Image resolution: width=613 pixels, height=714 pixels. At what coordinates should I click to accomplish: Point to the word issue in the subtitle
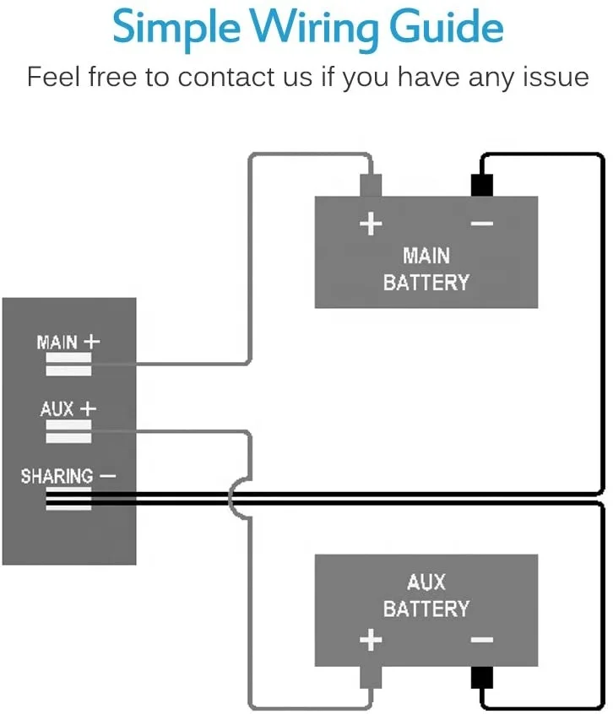pos(551,77)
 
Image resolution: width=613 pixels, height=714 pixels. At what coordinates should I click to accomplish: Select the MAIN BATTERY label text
pos(426,268)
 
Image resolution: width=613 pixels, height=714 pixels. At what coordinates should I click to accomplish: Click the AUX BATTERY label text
pos(426,595)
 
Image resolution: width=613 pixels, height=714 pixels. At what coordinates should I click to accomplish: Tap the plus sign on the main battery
pos(371,224)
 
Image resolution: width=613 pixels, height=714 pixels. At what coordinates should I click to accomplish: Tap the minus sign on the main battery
pos(481,224)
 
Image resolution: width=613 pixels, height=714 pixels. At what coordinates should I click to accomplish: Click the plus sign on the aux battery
pos(371,641)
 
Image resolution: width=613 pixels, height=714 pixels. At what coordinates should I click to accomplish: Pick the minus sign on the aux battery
pos(481,641)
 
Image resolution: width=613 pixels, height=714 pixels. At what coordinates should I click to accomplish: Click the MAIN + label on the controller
pos(68,343)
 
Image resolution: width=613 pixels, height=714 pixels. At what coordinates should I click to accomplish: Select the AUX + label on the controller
pos(68,409)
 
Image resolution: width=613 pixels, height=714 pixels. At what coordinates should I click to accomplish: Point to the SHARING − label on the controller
pos(68,476)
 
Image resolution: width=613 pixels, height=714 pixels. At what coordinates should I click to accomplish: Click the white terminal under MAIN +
pos(68,365)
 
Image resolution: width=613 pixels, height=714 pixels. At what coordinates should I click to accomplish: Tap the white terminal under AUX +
pos(68,432)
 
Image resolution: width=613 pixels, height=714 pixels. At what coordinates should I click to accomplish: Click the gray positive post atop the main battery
pos(371,186)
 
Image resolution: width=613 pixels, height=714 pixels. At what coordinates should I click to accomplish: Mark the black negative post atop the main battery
pos(481,186)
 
